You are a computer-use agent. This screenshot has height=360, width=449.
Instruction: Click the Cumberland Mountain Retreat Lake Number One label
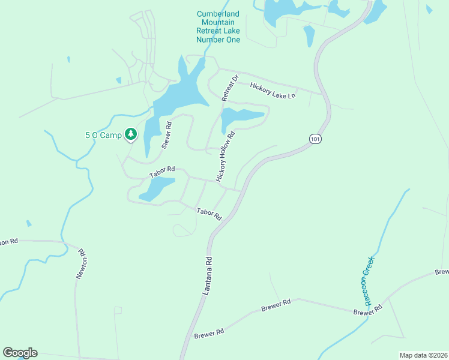[218, 27]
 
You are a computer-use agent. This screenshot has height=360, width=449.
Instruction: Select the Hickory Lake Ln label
[273, 91]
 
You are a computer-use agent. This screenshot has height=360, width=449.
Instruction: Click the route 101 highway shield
[315, 139]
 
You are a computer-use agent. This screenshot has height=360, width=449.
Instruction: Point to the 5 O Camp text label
[103, 135]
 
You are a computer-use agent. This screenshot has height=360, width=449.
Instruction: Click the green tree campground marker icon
[130, 134]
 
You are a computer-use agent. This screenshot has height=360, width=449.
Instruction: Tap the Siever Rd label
[167, 135]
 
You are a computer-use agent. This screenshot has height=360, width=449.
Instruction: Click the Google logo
[20, 353]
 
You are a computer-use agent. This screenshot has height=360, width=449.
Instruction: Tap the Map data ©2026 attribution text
[423, 355]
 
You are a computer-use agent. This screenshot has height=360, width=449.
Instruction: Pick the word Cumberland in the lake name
[218, 14]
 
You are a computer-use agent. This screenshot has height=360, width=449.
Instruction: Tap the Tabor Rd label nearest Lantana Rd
[209, 213]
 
